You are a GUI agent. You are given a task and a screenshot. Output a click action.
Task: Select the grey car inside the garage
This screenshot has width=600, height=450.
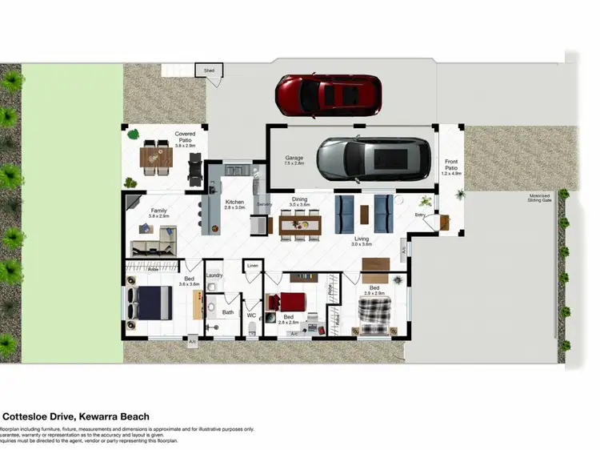pyautogui.click(x=371, y=159)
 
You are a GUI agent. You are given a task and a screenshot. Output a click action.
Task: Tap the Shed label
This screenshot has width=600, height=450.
pyautogui.click(x=210, y=71)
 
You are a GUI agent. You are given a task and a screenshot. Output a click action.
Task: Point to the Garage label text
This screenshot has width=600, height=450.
pyautogui.click(x=294, y=159)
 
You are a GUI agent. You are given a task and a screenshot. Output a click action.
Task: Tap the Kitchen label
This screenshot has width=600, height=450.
pyautogui.click(x=234, y=202)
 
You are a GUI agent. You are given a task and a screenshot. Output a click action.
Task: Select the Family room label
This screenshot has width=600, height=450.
pyautogui.click(x=158, y=213)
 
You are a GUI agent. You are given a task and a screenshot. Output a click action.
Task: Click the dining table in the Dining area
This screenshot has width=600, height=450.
pyautogui.click(x=300, y=223)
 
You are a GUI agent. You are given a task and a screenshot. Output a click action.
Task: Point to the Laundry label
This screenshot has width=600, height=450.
pyautogui.click(x=214, y=275)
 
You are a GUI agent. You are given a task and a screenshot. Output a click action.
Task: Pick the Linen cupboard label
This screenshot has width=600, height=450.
pyautogui.click(x=253, y=265)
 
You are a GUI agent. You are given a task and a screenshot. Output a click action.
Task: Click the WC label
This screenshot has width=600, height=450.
pyautogui.click(x=251, y=315)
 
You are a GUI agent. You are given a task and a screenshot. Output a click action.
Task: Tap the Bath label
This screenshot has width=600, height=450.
pyautogui.click(x=228, y=312)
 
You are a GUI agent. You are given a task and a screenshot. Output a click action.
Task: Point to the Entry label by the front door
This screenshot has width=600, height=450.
pyautogui.click(x=420, y=215)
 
